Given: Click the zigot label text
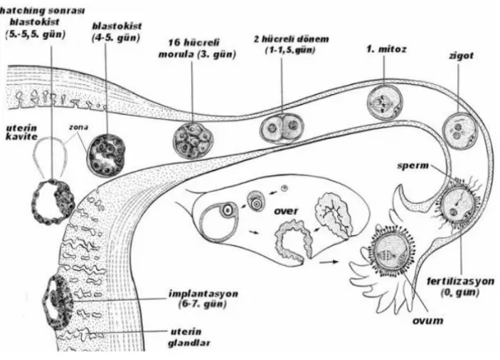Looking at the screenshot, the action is pos(461,56).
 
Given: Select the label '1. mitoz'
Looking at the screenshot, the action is pos(386,50).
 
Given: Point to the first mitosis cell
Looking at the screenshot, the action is pos(384,102).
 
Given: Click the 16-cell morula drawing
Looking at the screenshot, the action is pos(193,141).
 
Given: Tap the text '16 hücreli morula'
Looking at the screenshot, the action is pos(197,48).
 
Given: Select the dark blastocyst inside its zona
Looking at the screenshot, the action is pos(107,155).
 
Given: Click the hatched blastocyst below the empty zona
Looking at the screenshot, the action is pos(53,202).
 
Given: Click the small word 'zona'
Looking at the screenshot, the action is pos(79,127).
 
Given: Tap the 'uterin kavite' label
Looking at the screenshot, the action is pos(21,132).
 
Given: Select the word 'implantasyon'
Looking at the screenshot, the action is pos(203,293).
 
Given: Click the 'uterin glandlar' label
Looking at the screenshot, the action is pos(188,337).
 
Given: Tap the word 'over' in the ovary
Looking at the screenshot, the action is pos(286,211).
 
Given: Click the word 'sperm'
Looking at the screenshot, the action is pos(413,166).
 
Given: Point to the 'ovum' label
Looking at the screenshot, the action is pos(427,320).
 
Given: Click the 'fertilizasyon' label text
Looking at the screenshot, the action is pos(460,282).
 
